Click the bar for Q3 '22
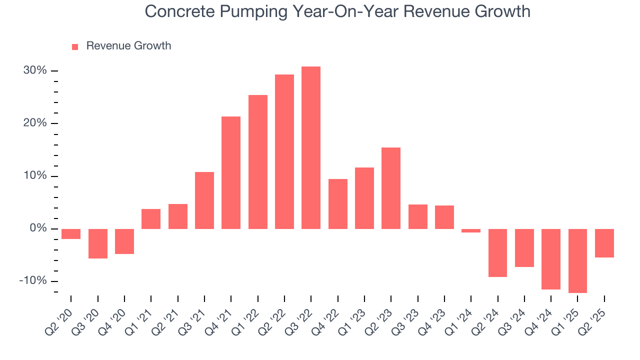311,147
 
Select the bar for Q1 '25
577,260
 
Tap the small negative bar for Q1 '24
471,230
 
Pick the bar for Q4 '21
231,172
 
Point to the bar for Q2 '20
71,234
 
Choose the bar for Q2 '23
391,188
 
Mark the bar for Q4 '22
337,203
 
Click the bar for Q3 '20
97,243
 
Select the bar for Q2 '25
604,243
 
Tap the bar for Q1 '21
151,219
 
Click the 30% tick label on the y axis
35,70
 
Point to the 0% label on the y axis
38,228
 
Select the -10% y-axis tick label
33,281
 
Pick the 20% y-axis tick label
35,123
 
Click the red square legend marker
75,46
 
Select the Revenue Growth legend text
128,46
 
